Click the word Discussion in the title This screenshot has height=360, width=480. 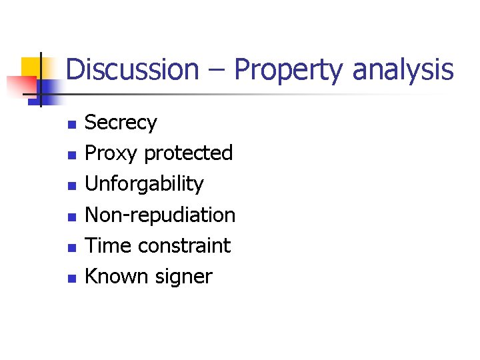coord(132,69)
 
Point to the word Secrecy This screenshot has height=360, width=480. coord(121,123)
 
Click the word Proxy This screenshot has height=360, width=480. coord(111,154)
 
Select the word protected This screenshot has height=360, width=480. coord(188,153)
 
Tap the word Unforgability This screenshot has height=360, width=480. coord(144,185)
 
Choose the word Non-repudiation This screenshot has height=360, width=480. coord(160,215)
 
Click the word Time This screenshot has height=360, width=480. coord(109,245)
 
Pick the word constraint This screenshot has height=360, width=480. coord(183,245)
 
